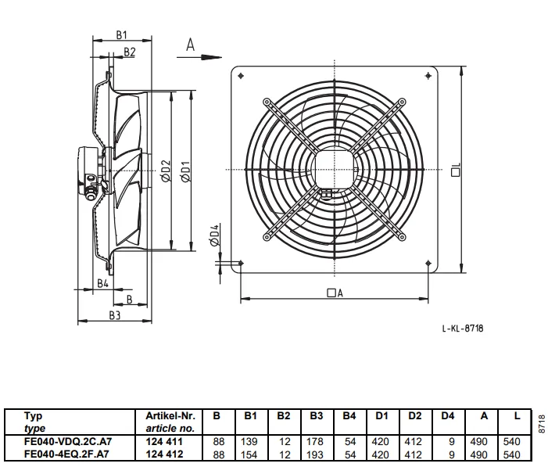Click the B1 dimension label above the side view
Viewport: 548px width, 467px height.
pos(122,35)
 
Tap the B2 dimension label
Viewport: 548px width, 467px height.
pos(129,52)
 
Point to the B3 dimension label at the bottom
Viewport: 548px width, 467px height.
pos(115,315)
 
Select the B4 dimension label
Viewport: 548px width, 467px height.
pos(102,283)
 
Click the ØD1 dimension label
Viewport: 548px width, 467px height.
pos(186,171)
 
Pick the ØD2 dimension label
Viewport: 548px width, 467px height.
pos(166,171)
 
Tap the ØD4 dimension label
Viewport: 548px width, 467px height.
pos(214,235)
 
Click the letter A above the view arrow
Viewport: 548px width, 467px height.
pos(191,45)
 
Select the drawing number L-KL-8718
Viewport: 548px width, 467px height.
pos(463,328)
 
